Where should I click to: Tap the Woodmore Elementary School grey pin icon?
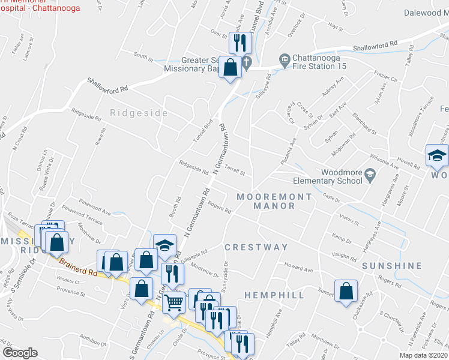pyautogui.click(x=370, y=175)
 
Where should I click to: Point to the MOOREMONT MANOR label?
pyautogui.click(x=274, y=201)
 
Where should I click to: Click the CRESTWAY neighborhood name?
pyautogui.click(x=256, y=247)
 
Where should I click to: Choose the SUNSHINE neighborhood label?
pyautogui.click(x=392, y=265)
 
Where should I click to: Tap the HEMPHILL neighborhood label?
pyautogui.click(x=274, y=295)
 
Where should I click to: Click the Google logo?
pyautogui.click(x=20, y=353)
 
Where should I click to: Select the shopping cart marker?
pyautogui.click(x=173, y=302)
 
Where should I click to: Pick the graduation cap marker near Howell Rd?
pyautogui.click(x=436, y=156)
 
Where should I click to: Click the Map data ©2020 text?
pyautogui.click(x=423, y=355)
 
